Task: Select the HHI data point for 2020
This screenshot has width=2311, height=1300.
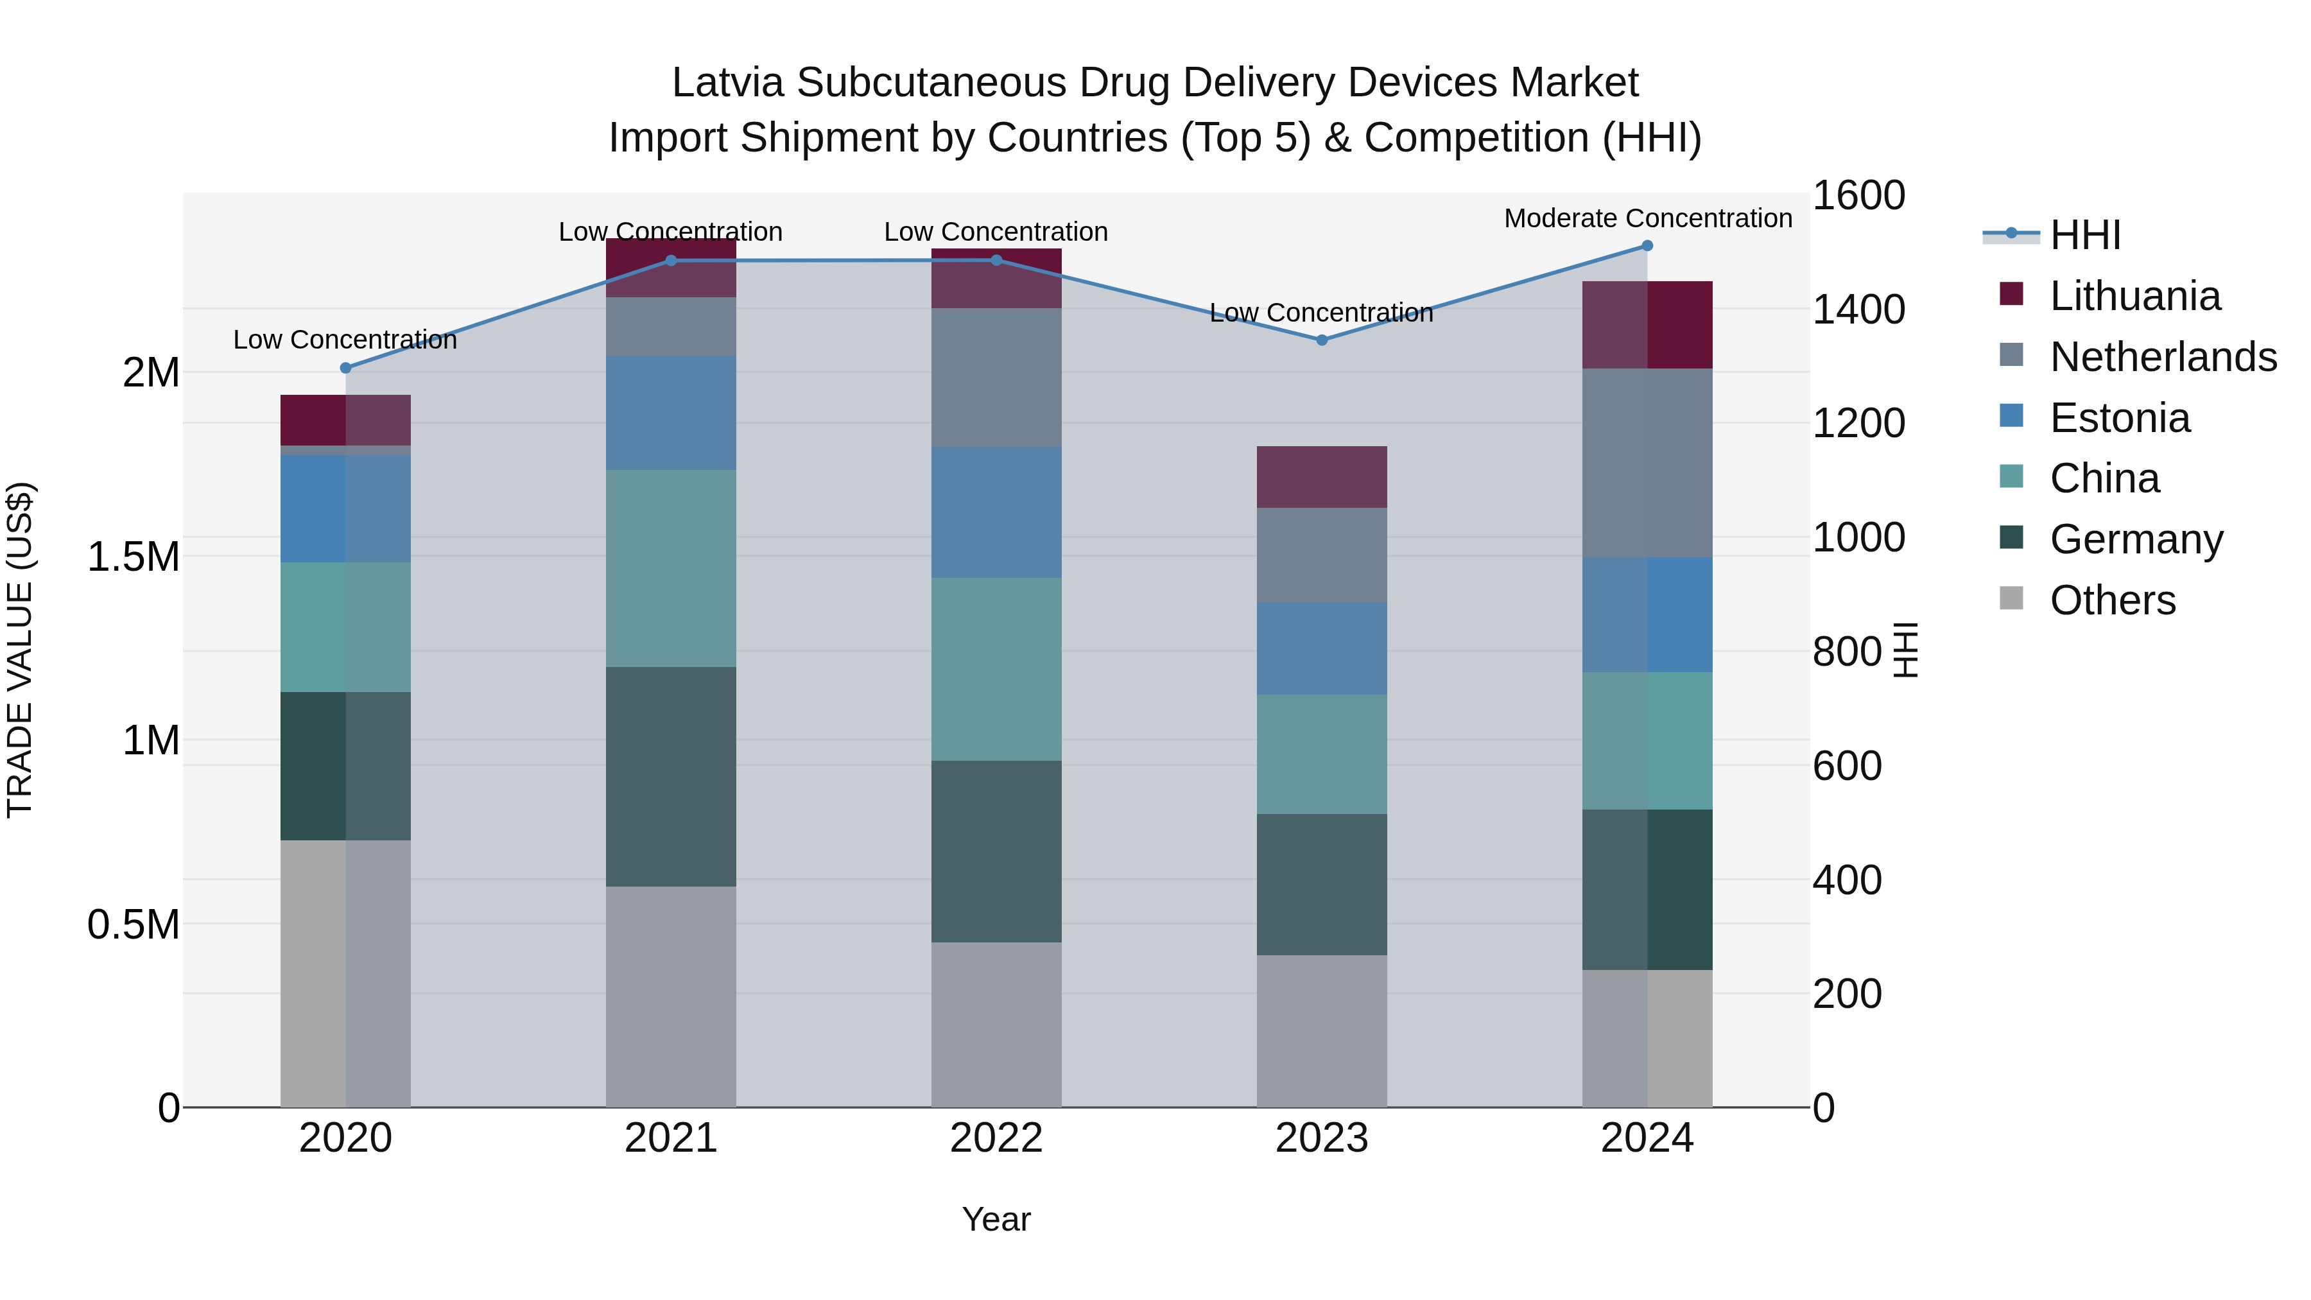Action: coord(345,368)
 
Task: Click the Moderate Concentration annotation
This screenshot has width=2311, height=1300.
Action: coord(1647,218)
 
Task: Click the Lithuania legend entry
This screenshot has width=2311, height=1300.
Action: coord(2134,296)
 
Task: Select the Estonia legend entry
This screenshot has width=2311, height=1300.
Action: coord(2119,418)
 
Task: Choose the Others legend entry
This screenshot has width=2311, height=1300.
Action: coord(2112,600)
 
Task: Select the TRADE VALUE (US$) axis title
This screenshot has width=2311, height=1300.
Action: coord(20,650)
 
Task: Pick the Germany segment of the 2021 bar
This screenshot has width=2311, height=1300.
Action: coord(670,776)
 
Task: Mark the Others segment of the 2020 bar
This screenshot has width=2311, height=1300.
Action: coord(345,973)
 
